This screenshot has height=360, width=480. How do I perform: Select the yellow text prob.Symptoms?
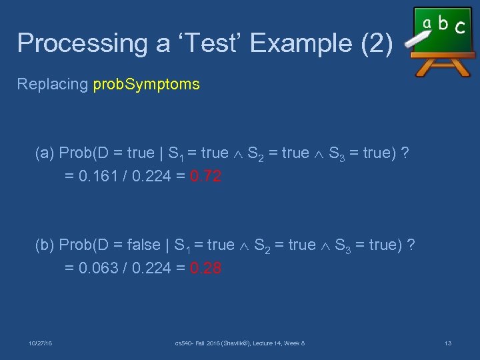coord(146,85)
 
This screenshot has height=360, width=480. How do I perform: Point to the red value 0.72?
coord(206,177)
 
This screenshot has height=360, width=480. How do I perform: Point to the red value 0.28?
coord(206,269)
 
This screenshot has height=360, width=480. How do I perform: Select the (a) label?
coord(45,153)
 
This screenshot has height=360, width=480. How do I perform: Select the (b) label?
coord(45,245)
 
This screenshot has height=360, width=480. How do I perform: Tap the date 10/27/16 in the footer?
coord(41,343)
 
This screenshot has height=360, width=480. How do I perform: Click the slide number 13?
coord(447,343)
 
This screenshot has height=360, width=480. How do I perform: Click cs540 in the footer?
coord(183,343)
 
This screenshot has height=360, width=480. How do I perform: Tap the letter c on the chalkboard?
coord(459,28)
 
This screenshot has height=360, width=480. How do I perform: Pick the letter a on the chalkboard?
coord(427,24)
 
